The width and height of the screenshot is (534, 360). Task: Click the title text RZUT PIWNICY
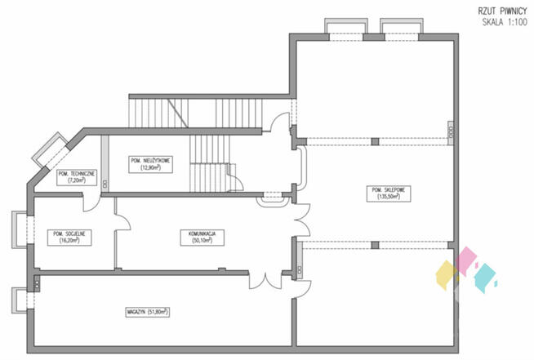pos(501,11)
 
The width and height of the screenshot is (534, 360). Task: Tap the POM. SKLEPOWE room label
pos(389,189)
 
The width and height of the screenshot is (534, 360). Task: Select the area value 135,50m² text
pos(389,197)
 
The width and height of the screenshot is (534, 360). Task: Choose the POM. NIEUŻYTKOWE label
pos(149,161)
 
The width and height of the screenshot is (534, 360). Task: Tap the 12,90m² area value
pos(149,168)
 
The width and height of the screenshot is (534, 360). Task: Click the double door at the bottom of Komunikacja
pos(263,278)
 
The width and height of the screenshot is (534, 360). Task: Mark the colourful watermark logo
pos(465,270)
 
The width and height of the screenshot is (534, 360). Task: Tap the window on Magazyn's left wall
pos(19,300)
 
